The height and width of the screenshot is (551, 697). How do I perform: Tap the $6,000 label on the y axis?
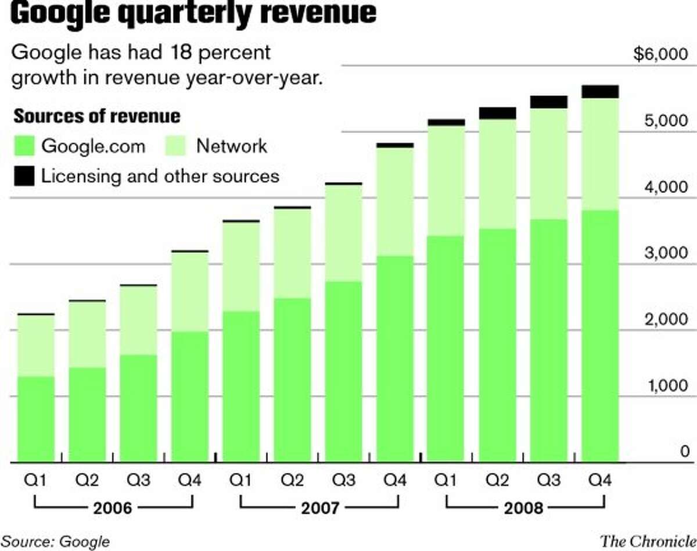(x=662, y=55)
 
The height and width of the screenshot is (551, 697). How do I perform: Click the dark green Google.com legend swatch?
(x=24, y=146)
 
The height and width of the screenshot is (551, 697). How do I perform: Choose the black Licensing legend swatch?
(x=24, y=175)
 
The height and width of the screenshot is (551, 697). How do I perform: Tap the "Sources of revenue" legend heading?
(x=96, y=116)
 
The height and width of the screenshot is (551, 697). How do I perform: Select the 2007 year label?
(x=319, y=509)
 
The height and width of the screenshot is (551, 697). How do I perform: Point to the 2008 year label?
(x=524, y=509)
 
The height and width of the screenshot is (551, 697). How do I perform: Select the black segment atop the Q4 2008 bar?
(x=599, y=91)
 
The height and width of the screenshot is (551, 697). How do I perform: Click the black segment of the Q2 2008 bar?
(x=497, y=113)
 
